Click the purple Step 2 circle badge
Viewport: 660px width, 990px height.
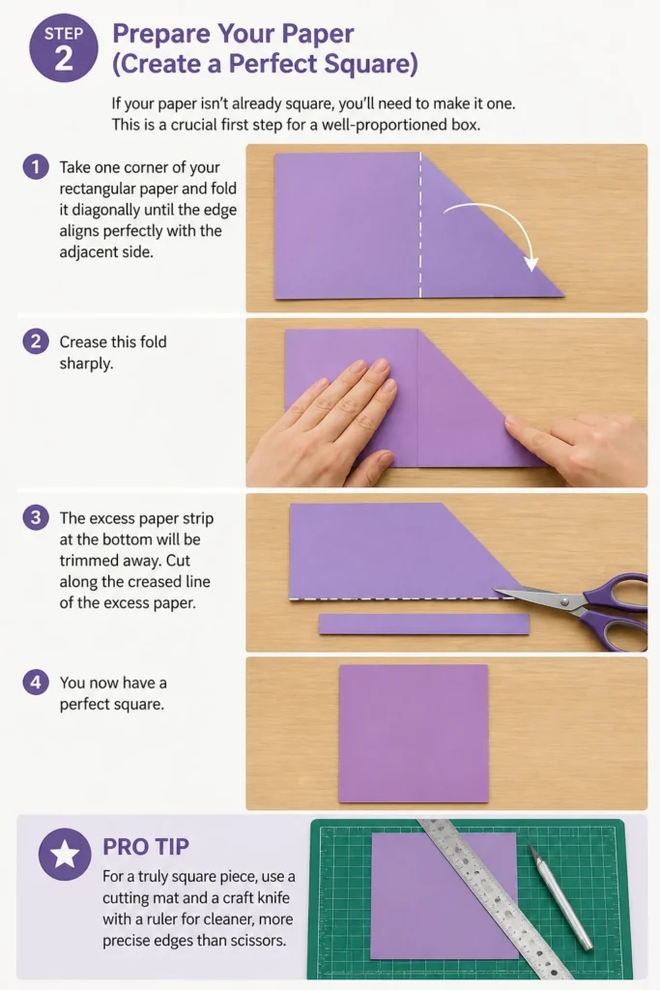click(64, 48)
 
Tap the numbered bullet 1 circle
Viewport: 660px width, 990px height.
click(36, 166)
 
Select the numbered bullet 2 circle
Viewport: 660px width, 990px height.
click(36, 341)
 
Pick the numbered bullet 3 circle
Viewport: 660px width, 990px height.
click(36, 518)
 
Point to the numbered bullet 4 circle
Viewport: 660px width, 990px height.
click(36, 683)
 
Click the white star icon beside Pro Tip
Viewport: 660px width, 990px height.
click(65, 854)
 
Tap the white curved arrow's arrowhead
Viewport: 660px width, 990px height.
click(531, 263)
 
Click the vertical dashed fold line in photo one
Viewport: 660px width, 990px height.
click(420, 224)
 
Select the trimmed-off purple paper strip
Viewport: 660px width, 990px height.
click(424, 624)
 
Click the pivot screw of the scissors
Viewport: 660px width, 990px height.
click(564, 601)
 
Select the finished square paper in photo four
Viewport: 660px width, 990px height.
click(414, 733)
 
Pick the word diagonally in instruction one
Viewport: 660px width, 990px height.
click(102, 210)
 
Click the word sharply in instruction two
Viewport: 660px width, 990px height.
click(86, 364)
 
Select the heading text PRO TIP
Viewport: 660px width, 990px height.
click(146, 847)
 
